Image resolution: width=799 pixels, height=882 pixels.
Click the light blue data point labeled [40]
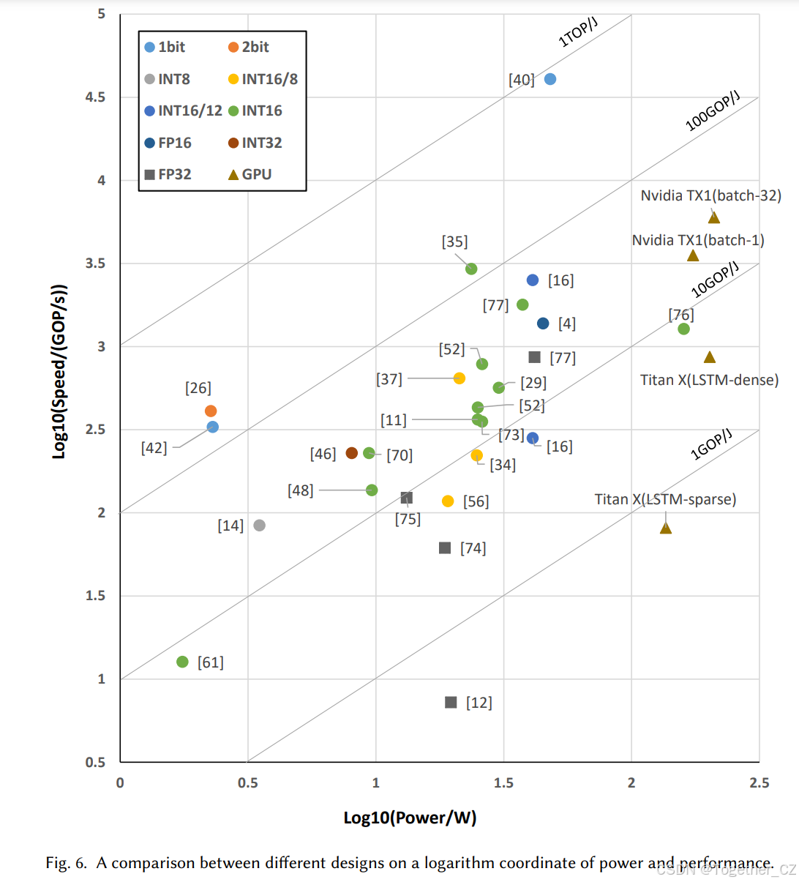click(550, 79)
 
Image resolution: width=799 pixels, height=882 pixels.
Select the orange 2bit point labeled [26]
click(211, 411)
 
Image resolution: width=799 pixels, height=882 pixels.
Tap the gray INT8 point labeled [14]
click(259, 526)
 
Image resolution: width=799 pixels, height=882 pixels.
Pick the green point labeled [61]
click(183, 662)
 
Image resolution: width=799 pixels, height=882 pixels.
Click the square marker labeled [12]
click(451, 703)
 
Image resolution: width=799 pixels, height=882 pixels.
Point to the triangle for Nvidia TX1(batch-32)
click(714, 217)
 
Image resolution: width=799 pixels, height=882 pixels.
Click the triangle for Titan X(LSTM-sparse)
click(666, 528)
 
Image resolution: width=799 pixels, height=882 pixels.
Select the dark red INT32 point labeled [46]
click(352, 453)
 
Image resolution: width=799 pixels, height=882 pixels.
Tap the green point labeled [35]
click(471, 269)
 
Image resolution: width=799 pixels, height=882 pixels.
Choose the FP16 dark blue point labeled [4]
click(543, 324)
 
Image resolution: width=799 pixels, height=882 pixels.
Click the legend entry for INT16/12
click(183, 111)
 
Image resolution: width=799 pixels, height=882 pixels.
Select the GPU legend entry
click(250, 175)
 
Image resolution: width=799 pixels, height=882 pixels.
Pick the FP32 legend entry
click(168, 175)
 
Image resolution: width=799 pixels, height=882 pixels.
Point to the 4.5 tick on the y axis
click(96, 97)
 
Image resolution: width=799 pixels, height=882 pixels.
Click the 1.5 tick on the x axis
click(503, 782)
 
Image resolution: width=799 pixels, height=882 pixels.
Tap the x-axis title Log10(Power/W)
click(410, 818)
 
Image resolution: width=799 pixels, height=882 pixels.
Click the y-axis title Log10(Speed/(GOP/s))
click(59, 371)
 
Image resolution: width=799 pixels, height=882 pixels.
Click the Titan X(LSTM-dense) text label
click(709, 380)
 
